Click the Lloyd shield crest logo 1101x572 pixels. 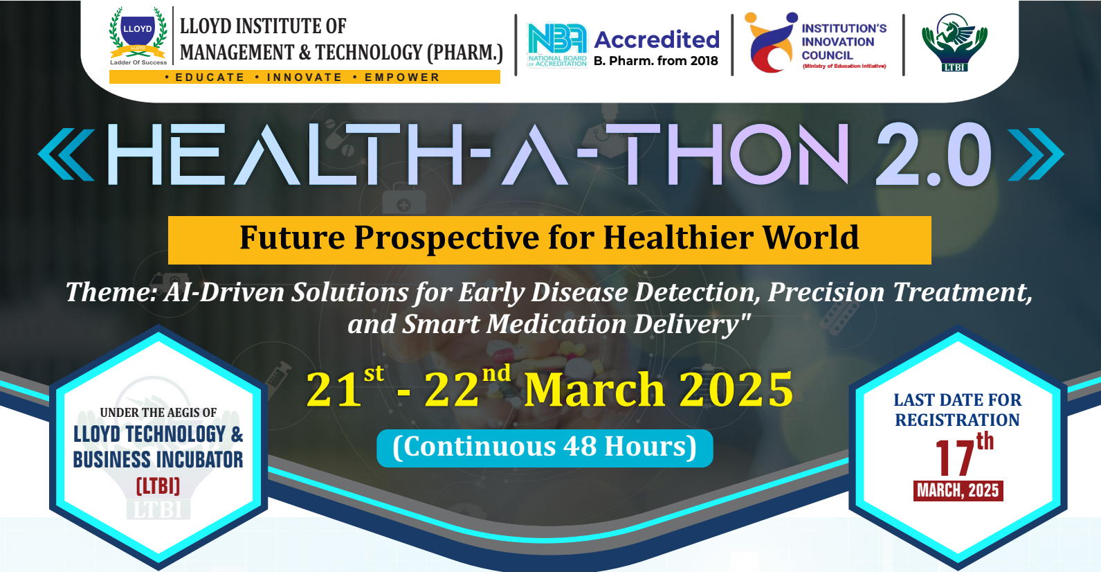point(138,36)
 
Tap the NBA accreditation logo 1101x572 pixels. point(557,45)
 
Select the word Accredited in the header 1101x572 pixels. point(657,40)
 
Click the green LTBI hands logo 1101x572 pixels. point(954,42)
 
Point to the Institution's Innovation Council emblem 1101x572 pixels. point(770,42)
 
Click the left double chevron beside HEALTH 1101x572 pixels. point(66,154)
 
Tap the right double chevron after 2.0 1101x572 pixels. point(1036,154)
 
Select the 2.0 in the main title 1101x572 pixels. point(933,154)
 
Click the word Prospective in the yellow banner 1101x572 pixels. point(446,238)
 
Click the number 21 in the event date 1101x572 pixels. point(334,390)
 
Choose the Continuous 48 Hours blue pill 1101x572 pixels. point(545,448)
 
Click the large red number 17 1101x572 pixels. point(954,458)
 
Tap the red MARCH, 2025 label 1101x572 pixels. point(958,491)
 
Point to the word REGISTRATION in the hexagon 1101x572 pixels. point(958,420)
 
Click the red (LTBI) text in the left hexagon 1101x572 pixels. point(158,486)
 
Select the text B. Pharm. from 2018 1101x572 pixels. point(655,61)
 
